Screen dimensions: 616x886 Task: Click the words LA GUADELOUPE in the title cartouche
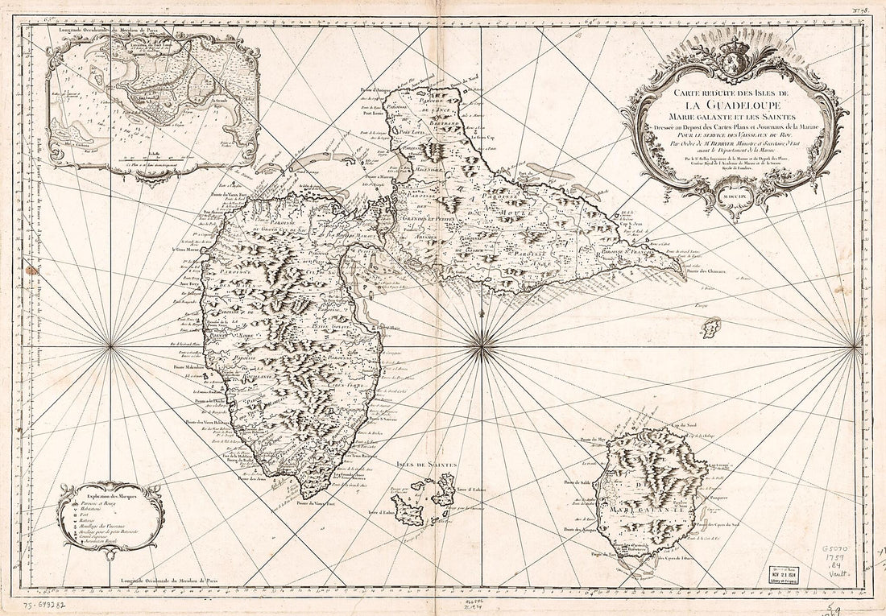(735, 104)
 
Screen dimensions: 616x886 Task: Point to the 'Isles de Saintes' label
(427, 465)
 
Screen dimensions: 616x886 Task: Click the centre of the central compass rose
(482, 346)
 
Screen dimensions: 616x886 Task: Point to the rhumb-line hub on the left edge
(111, 346)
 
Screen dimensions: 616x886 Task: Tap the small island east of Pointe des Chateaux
(710, 328)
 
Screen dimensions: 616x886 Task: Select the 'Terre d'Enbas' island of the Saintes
(420, 506)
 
